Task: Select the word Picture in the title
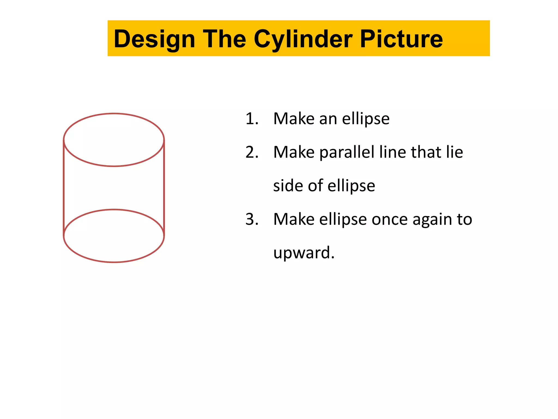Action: (x=401, y=39)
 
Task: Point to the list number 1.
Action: (x=251, y=119)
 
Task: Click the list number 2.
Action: (x=251, y=152)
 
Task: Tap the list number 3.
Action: (x=251, y=219)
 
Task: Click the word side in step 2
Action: (x=288, y=186)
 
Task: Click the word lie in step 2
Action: (x=454, y=152)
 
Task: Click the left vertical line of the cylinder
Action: (x=64, y=188)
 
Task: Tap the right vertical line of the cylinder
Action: (x=164, y=188)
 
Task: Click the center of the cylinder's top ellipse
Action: (x=114, y=140)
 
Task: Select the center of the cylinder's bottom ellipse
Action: (x=114, y=236)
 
